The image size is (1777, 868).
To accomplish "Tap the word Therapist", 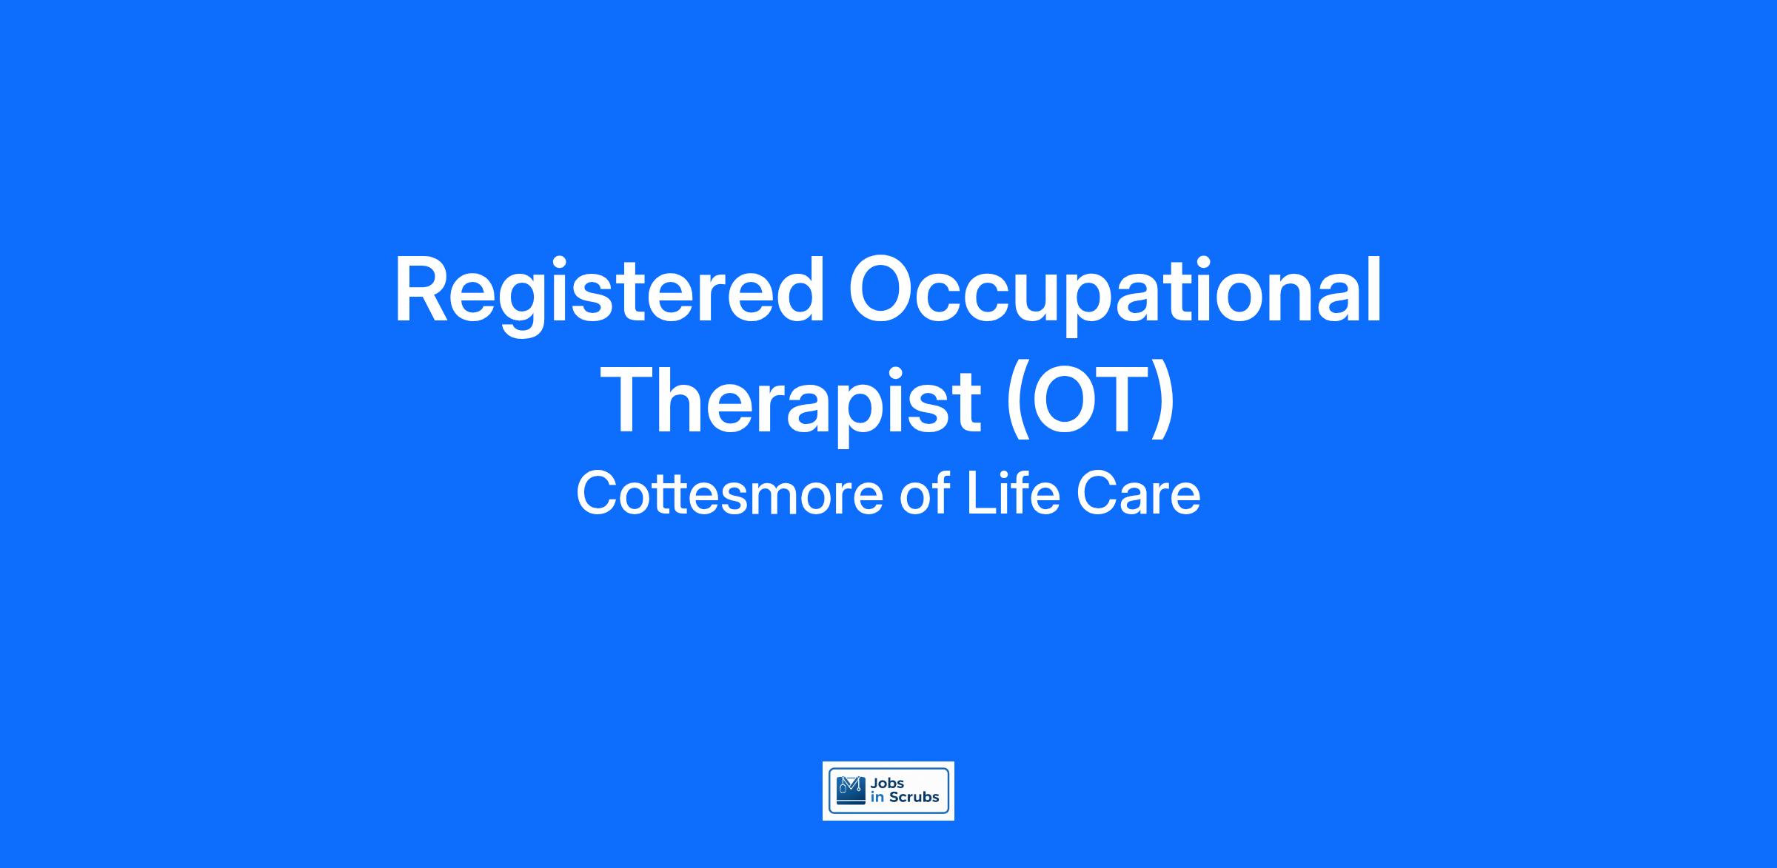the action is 794,404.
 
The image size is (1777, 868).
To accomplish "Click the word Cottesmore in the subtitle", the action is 730,494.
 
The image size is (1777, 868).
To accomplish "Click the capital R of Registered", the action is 422,290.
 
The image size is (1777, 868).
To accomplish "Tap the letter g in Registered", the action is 525,306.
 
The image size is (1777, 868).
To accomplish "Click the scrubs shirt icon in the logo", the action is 850,790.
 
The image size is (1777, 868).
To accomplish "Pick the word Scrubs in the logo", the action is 914,798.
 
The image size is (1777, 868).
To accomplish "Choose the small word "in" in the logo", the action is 877,798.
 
